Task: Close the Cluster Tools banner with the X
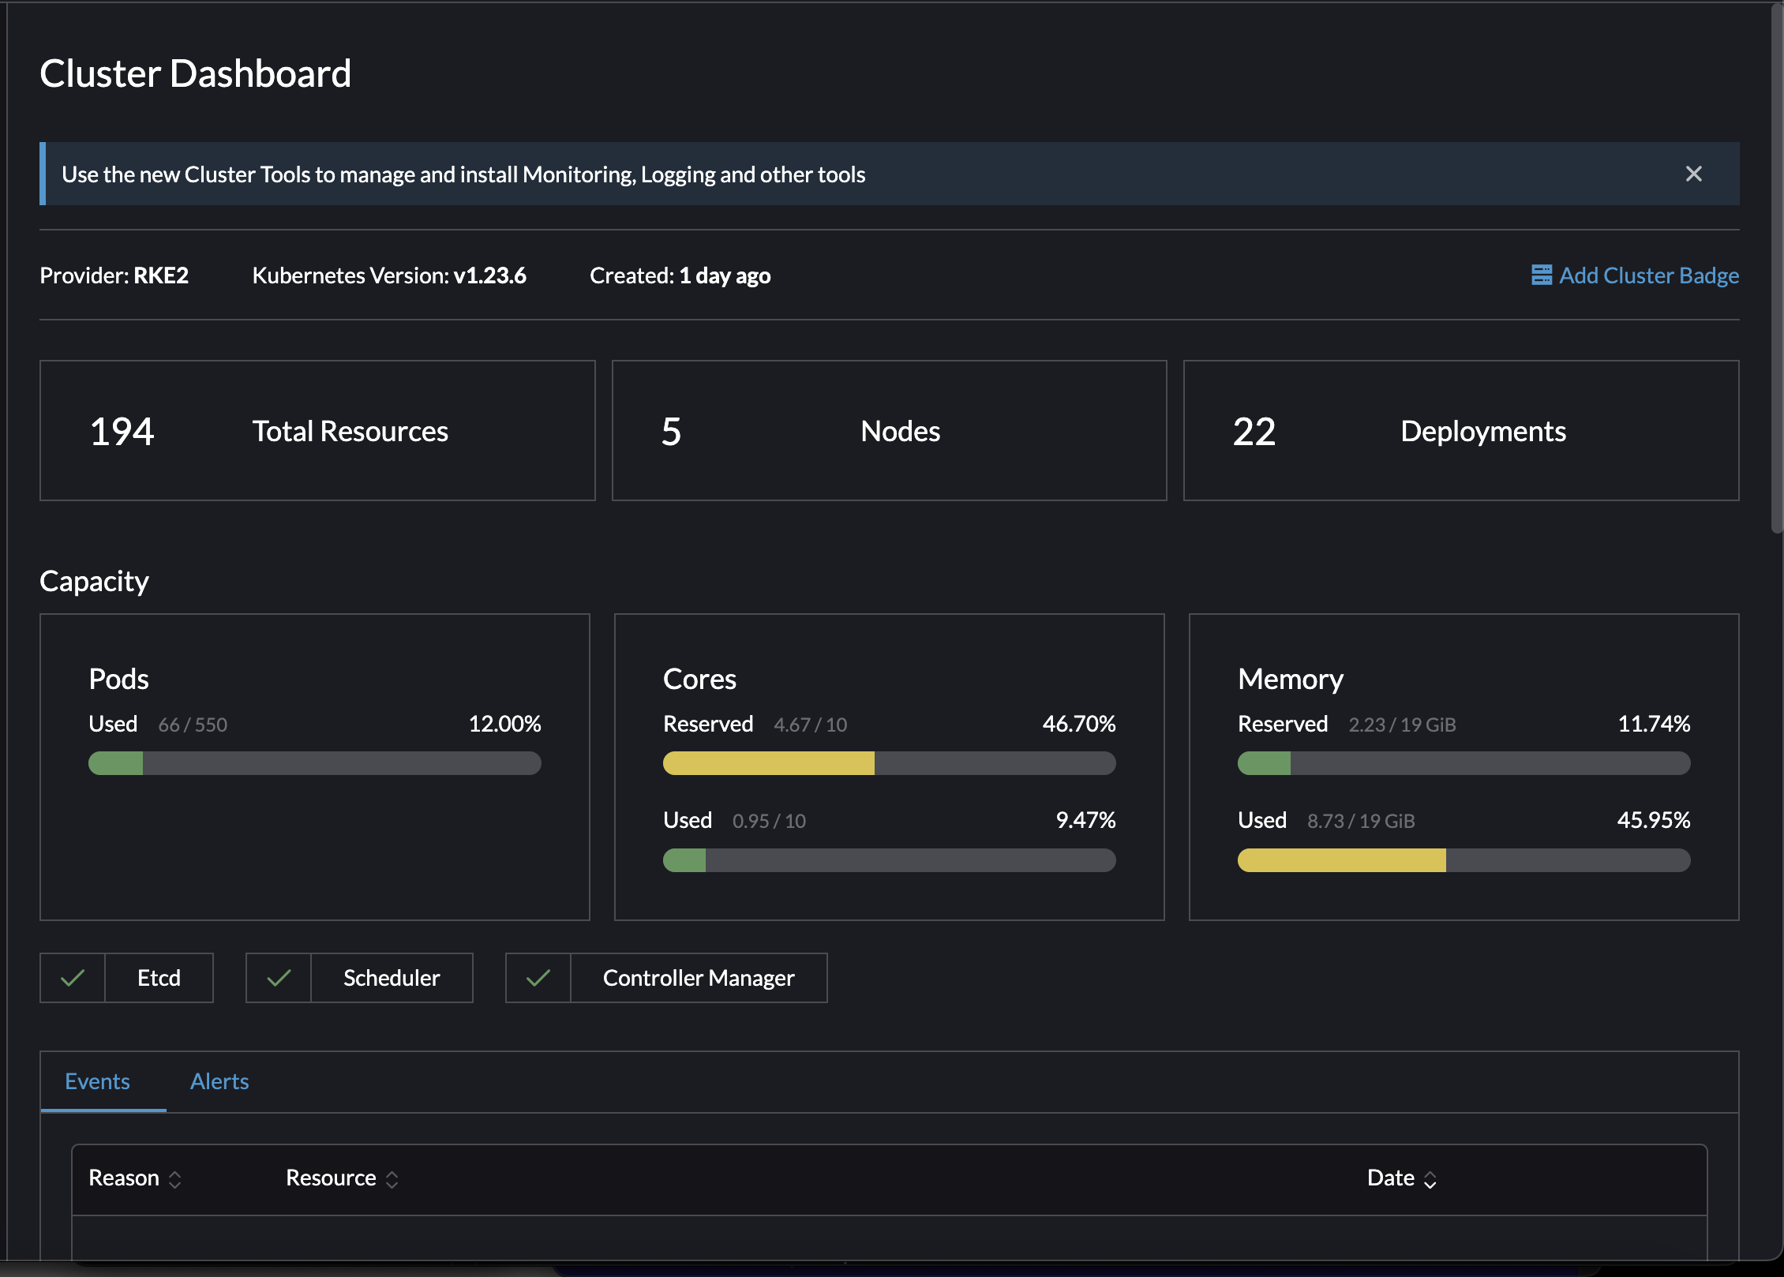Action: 1693,174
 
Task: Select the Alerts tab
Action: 219,1081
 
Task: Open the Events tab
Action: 97,1081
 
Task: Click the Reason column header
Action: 124,1178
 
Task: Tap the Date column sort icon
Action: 1430,1180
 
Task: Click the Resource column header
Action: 331,1178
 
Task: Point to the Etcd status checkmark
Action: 73,979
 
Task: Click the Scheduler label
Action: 392,979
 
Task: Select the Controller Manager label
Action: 699,979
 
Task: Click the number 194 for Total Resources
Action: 122,432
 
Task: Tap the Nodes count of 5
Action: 671,432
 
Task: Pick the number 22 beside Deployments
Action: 1254,432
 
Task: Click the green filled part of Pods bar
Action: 116,763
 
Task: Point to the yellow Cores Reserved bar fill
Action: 768,763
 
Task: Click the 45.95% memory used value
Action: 1653,821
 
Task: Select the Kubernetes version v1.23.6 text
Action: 489,275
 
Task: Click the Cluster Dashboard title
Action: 195,73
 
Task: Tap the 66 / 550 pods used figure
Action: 193,725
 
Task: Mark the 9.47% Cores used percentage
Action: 1085,821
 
